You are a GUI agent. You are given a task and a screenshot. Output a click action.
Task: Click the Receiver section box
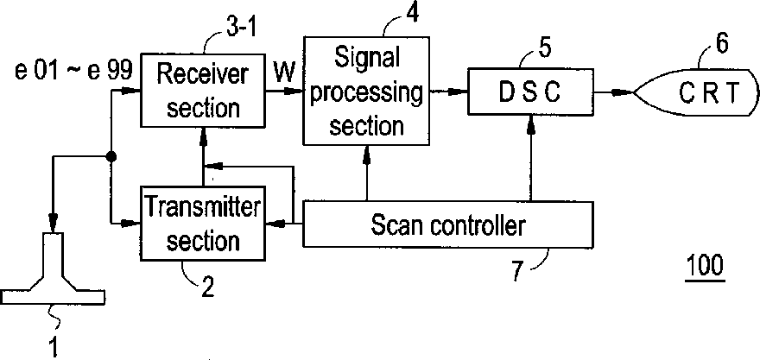coord(200,90)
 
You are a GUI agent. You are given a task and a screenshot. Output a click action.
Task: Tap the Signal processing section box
coord(366,90)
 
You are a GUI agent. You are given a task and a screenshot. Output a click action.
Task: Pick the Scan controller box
coord(447,226)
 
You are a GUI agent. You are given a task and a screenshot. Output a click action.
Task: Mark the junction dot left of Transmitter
coord(111,157)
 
